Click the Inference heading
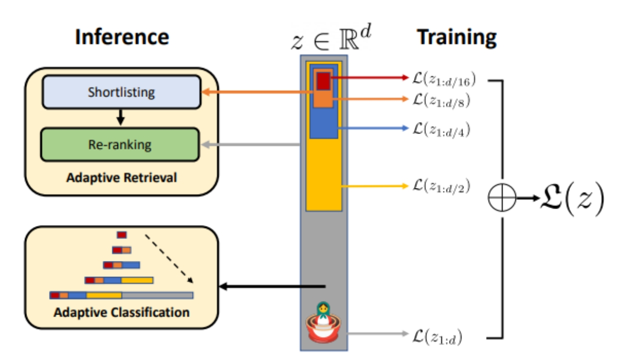(122, 37)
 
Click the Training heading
(456, 37)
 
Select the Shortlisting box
(121, 92)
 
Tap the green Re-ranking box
(119, 144)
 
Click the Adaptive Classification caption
(121, 313)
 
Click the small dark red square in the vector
(323, 80)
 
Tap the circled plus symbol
(501, 198)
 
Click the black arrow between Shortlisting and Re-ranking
(120, 117)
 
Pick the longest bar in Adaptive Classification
(121, 295)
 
